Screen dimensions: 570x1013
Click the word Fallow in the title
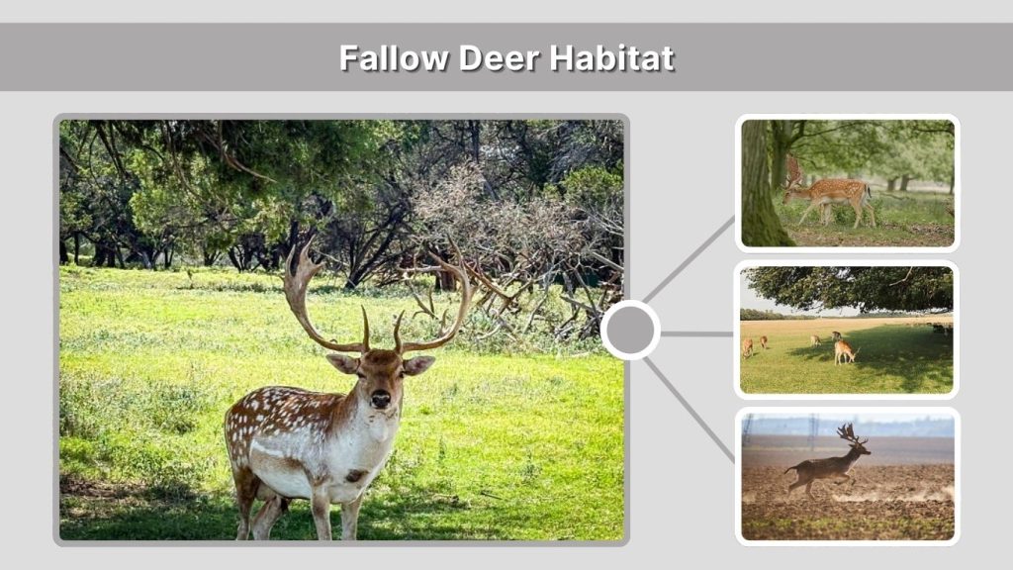(394, 57)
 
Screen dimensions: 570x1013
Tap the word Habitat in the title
(612, 57)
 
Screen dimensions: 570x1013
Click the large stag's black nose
(380, 398)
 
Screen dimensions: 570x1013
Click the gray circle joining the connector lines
(630, 330)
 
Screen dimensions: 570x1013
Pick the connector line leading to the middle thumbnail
(696, 333)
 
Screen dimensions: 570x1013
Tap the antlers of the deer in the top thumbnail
(793, 169)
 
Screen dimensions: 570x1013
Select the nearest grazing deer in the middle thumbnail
(844, 350)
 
